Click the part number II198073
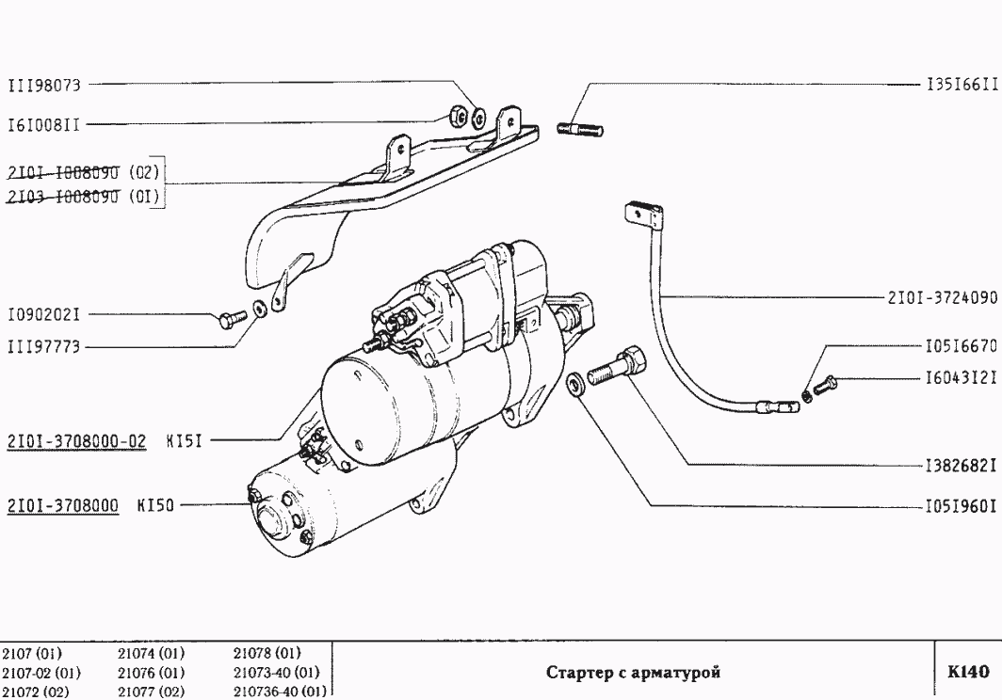tap(44, 86)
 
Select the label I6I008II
tap(44, 122)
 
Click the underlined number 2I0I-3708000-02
tap(76, 440)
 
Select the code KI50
tap(156, 505)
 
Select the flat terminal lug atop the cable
tap(640, 215)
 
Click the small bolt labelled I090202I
tap(227, 320)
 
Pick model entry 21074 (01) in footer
tap(151, 653)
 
